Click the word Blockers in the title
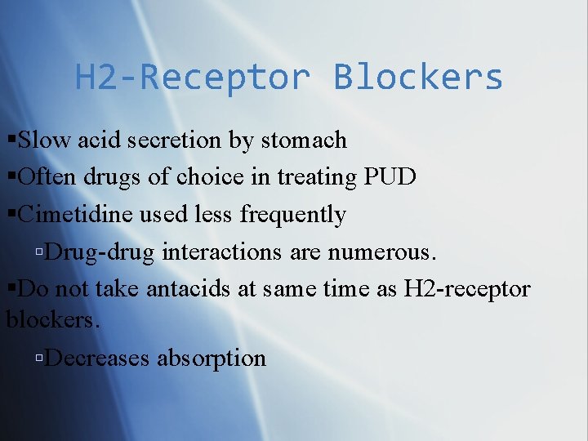point(417,78)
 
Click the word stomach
point(304,140)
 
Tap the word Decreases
point(99,358)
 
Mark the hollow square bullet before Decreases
point(40,359)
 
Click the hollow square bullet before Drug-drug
point(40,252)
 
